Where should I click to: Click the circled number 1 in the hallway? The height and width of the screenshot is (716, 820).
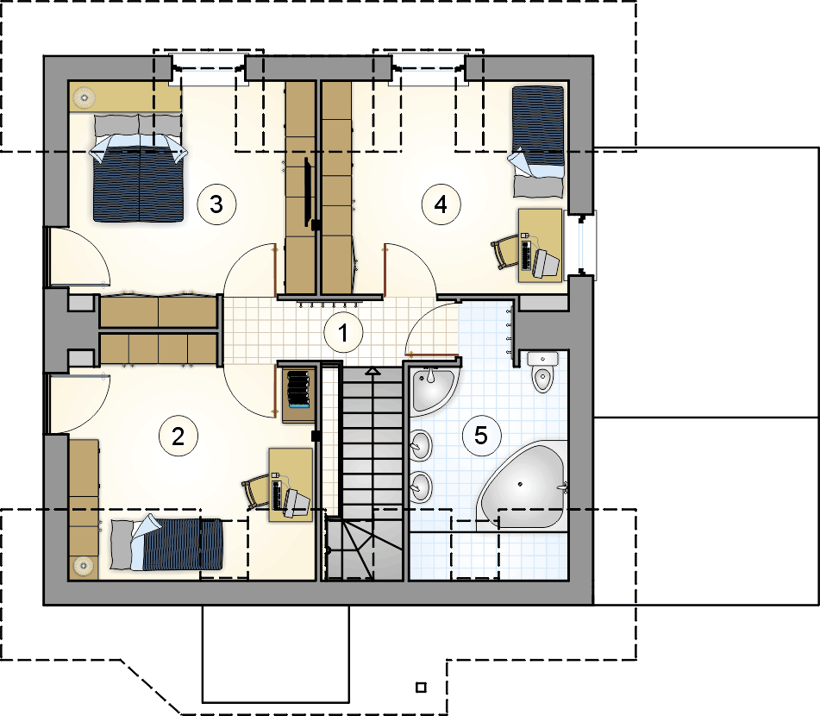point(343,332)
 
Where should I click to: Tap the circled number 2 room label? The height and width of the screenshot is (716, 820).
point(178,436)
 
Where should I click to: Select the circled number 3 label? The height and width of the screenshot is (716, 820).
point(216,204)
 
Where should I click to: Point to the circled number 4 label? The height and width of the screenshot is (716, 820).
point(441,204)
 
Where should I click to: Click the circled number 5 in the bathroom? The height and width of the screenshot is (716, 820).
point(481,435)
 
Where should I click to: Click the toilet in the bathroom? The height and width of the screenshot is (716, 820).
point(543,372)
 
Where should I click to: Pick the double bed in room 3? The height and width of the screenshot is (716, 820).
point(139,167)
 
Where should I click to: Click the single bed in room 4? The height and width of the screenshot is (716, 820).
point(538,141)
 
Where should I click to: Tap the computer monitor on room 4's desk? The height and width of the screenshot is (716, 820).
point(546,263)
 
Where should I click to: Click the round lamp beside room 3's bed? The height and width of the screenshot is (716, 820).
point(84,97)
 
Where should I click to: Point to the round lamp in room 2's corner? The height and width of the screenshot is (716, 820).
point(84,565)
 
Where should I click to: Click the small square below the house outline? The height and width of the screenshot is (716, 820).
point(421,688)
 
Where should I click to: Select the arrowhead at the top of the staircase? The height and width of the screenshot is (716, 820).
point(372,371)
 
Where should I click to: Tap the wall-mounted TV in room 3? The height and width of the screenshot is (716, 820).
point(308,193)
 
